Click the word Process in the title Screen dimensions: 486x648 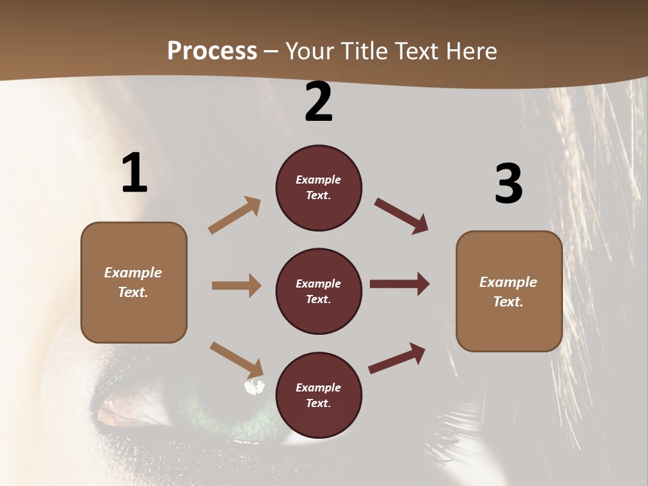(x=212, y=51)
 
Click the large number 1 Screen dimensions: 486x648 (x=134, y=173)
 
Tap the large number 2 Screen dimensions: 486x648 (x=319, y=102)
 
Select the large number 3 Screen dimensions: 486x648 (x=509, y=184)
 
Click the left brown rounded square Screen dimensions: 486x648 (x=134, y=282)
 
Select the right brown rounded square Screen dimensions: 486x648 (x=509, y=292)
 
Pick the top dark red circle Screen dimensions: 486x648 (x=319, y=188)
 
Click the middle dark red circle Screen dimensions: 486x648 (x=319, y=292)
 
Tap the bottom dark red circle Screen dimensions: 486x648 (x=319, y=396)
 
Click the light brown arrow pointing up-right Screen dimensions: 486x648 (x=235, y=215)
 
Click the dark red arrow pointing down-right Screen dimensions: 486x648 (x=401, y=215)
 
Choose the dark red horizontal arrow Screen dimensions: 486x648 (x=400, y=283)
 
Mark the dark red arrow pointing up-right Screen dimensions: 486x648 (x=397, y=358)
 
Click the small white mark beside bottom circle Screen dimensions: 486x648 (x=254, y=387)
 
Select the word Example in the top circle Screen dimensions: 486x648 (x=319, y=180)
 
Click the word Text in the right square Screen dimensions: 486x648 (x=508, y=302)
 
